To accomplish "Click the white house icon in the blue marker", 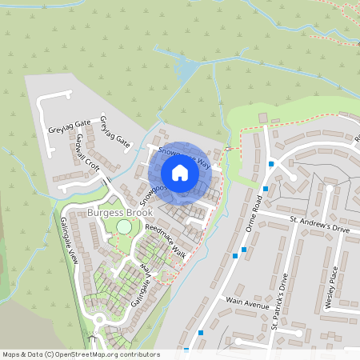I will (x=180, y=172).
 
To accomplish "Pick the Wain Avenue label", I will (x=248, y=303).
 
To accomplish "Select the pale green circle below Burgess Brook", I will (x=124, y=227).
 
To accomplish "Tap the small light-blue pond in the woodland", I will (x=185, y=73).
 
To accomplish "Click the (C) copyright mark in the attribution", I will (x=49, y=354).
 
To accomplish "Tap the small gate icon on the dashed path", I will (x=230, y=149).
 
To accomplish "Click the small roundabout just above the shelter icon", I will (x=98, y=319).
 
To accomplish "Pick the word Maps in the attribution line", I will (x=11, y=354).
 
